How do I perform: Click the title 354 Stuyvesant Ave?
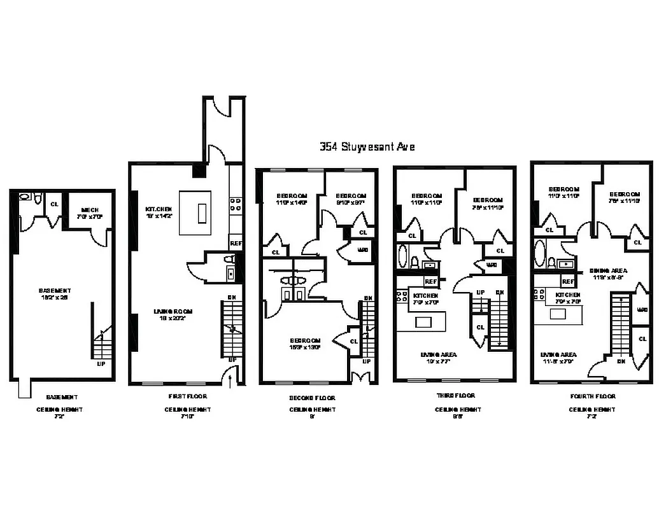click(x=367, y=147)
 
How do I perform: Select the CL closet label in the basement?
click(x=55, y=204)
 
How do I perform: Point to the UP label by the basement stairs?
click(x=101, y=365)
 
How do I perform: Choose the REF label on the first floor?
click(x=236, y=243)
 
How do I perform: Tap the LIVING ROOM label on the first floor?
click(x=173, y=311)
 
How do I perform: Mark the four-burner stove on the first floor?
click(x=235, y=204)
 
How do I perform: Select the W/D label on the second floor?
click(x=363, y=249)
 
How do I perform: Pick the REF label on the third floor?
click(x=430, y=281)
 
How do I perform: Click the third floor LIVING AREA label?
click(x=438, y=354)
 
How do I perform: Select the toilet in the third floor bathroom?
click(x=415, y=262)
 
